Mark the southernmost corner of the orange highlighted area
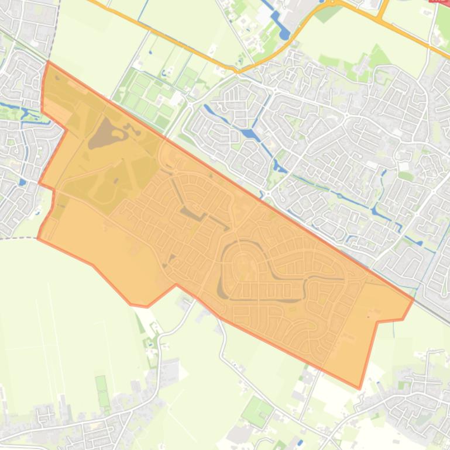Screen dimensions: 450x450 coord(359,388)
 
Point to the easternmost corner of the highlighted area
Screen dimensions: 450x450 coord(414,299)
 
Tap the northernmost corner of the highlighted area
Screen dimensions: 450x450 coord(47,61)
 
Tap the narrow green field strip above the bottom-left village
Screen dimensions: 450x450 coord(102,392)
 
